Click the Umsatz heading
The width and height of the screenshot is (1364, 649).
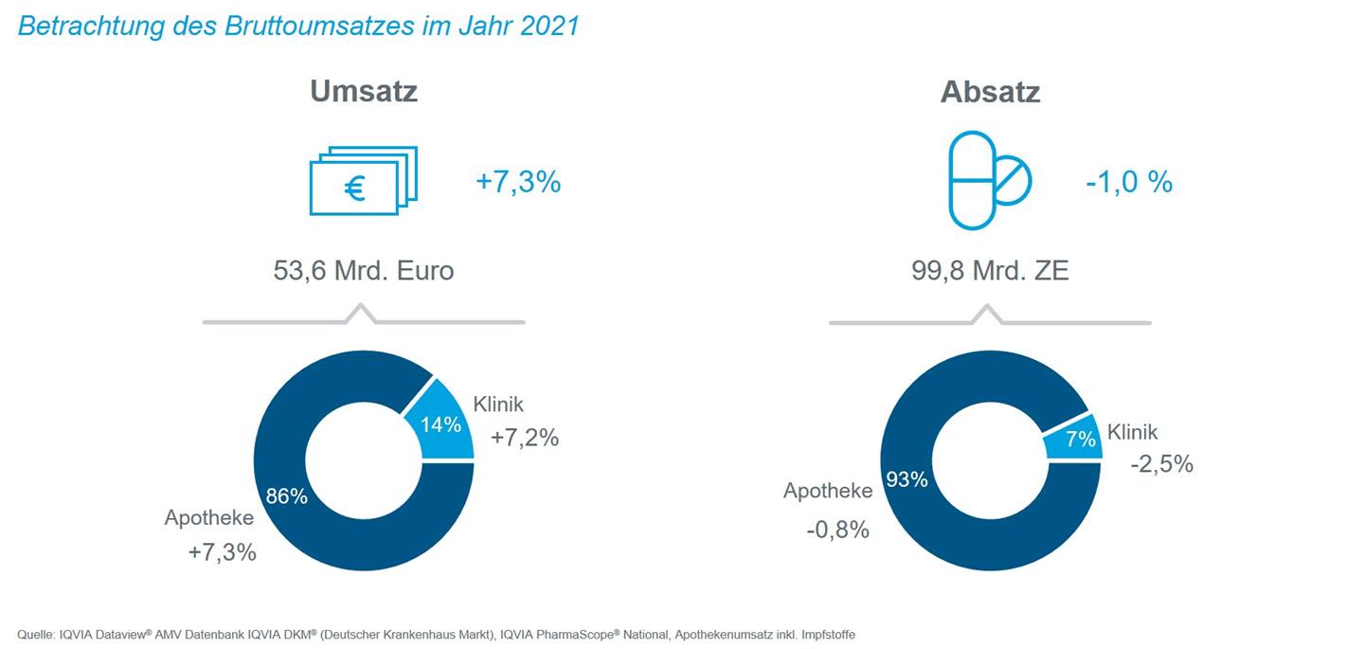point(364,92)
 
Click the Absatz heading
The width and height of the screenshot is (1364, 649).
point(990,92)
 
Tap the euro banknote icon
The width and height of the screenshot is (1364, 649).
point(363,180)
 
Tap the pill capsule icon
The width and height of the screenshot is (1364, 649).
point(989,180)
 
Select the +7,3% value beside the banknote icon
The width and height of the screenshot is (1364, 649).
point(518,182)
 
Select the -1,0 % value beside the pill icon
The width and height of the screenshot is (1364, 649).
point(1129,182)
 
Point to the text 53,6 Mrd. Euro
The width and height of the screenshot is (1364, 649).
point(364,271)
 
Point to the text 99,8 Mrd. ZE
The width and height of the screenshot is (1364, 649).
point(989,271)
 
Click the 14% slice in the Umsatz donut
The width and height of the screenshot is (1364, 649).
point(437,424)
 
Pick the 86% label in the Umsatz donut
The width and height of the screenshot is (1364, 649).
point(286,496)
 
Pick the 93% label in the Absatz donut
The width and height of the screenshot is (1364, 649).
point(906,480)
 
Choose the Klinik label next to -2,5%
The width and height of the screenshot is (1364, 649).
point(1132,432)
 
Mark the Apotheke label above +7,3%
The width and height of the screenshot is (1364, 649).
point(209,518)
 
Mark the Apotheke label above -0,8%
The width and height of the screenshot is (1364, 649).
point(828,491)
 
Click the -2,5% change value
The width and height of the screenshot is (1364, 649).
point(1161,464)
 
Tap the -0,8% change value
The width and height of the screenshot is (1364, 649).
point(837,530)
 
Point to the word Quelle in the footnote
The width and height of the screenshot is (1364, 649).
point(35,634)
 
